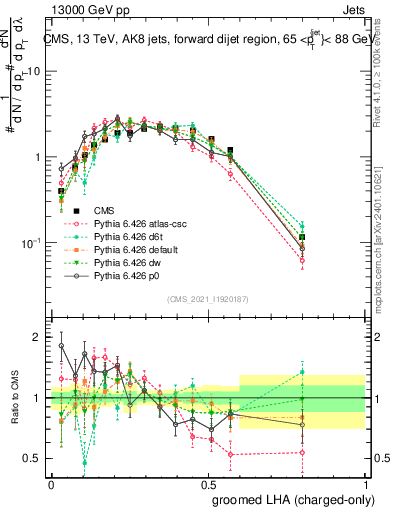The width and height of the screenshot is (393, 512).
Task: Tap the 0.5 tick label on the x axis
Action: (x=208, y=483)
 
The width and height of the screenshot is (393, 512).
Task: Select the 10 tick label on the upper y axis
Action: (x=33, y=72)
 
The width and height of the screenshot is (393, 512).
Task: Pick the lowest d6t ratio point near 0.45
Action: (x=84, y=463)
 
